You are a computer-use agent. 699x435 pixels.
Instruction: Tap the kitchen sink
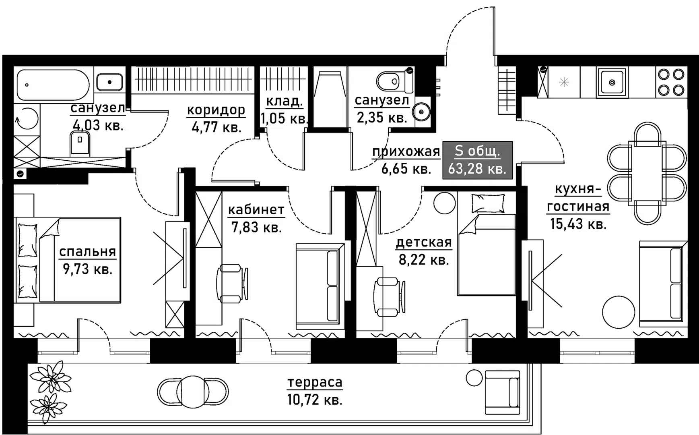coord(612,83)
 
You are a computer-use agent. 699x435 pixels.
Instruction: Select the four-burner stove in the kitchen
coord(671,82)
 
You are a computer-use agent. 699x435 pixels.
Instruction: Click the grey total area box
coord(477,160)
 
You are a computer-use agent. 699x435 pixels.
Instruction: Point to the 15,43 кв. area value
coord(578,224)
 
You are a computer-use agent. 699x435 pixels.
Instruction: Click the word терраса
coord(315,382)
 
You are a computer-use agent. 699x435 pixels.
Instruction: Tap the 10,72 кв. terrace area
coord(315,400)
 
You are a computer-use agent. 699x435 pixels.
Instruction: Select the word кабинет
coord(256,210)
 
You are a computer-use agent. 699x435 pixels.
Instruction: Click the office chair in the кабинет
coord(232,283)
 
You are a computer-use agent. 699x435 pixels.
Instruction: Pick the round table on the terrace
coord(193,391)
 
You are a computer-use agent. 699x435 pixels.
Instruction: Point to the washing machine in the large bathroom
coord(27,119)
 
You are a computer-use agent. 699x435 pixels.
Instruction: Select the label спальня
coord(87,252)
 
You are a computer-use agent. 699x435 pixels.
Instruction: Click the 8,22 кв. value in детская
coord(424,260)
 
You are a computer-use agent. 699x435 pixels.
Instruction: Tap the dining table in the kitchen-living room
coord(647,173)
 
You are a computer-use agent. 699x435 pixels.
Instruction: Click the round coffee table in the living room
coord(619,312)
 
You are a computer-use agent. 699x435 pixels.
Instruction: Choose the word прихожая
coord(406,151)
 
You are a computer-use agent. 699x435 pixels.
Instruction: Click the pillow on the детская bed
coord(488,203)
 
